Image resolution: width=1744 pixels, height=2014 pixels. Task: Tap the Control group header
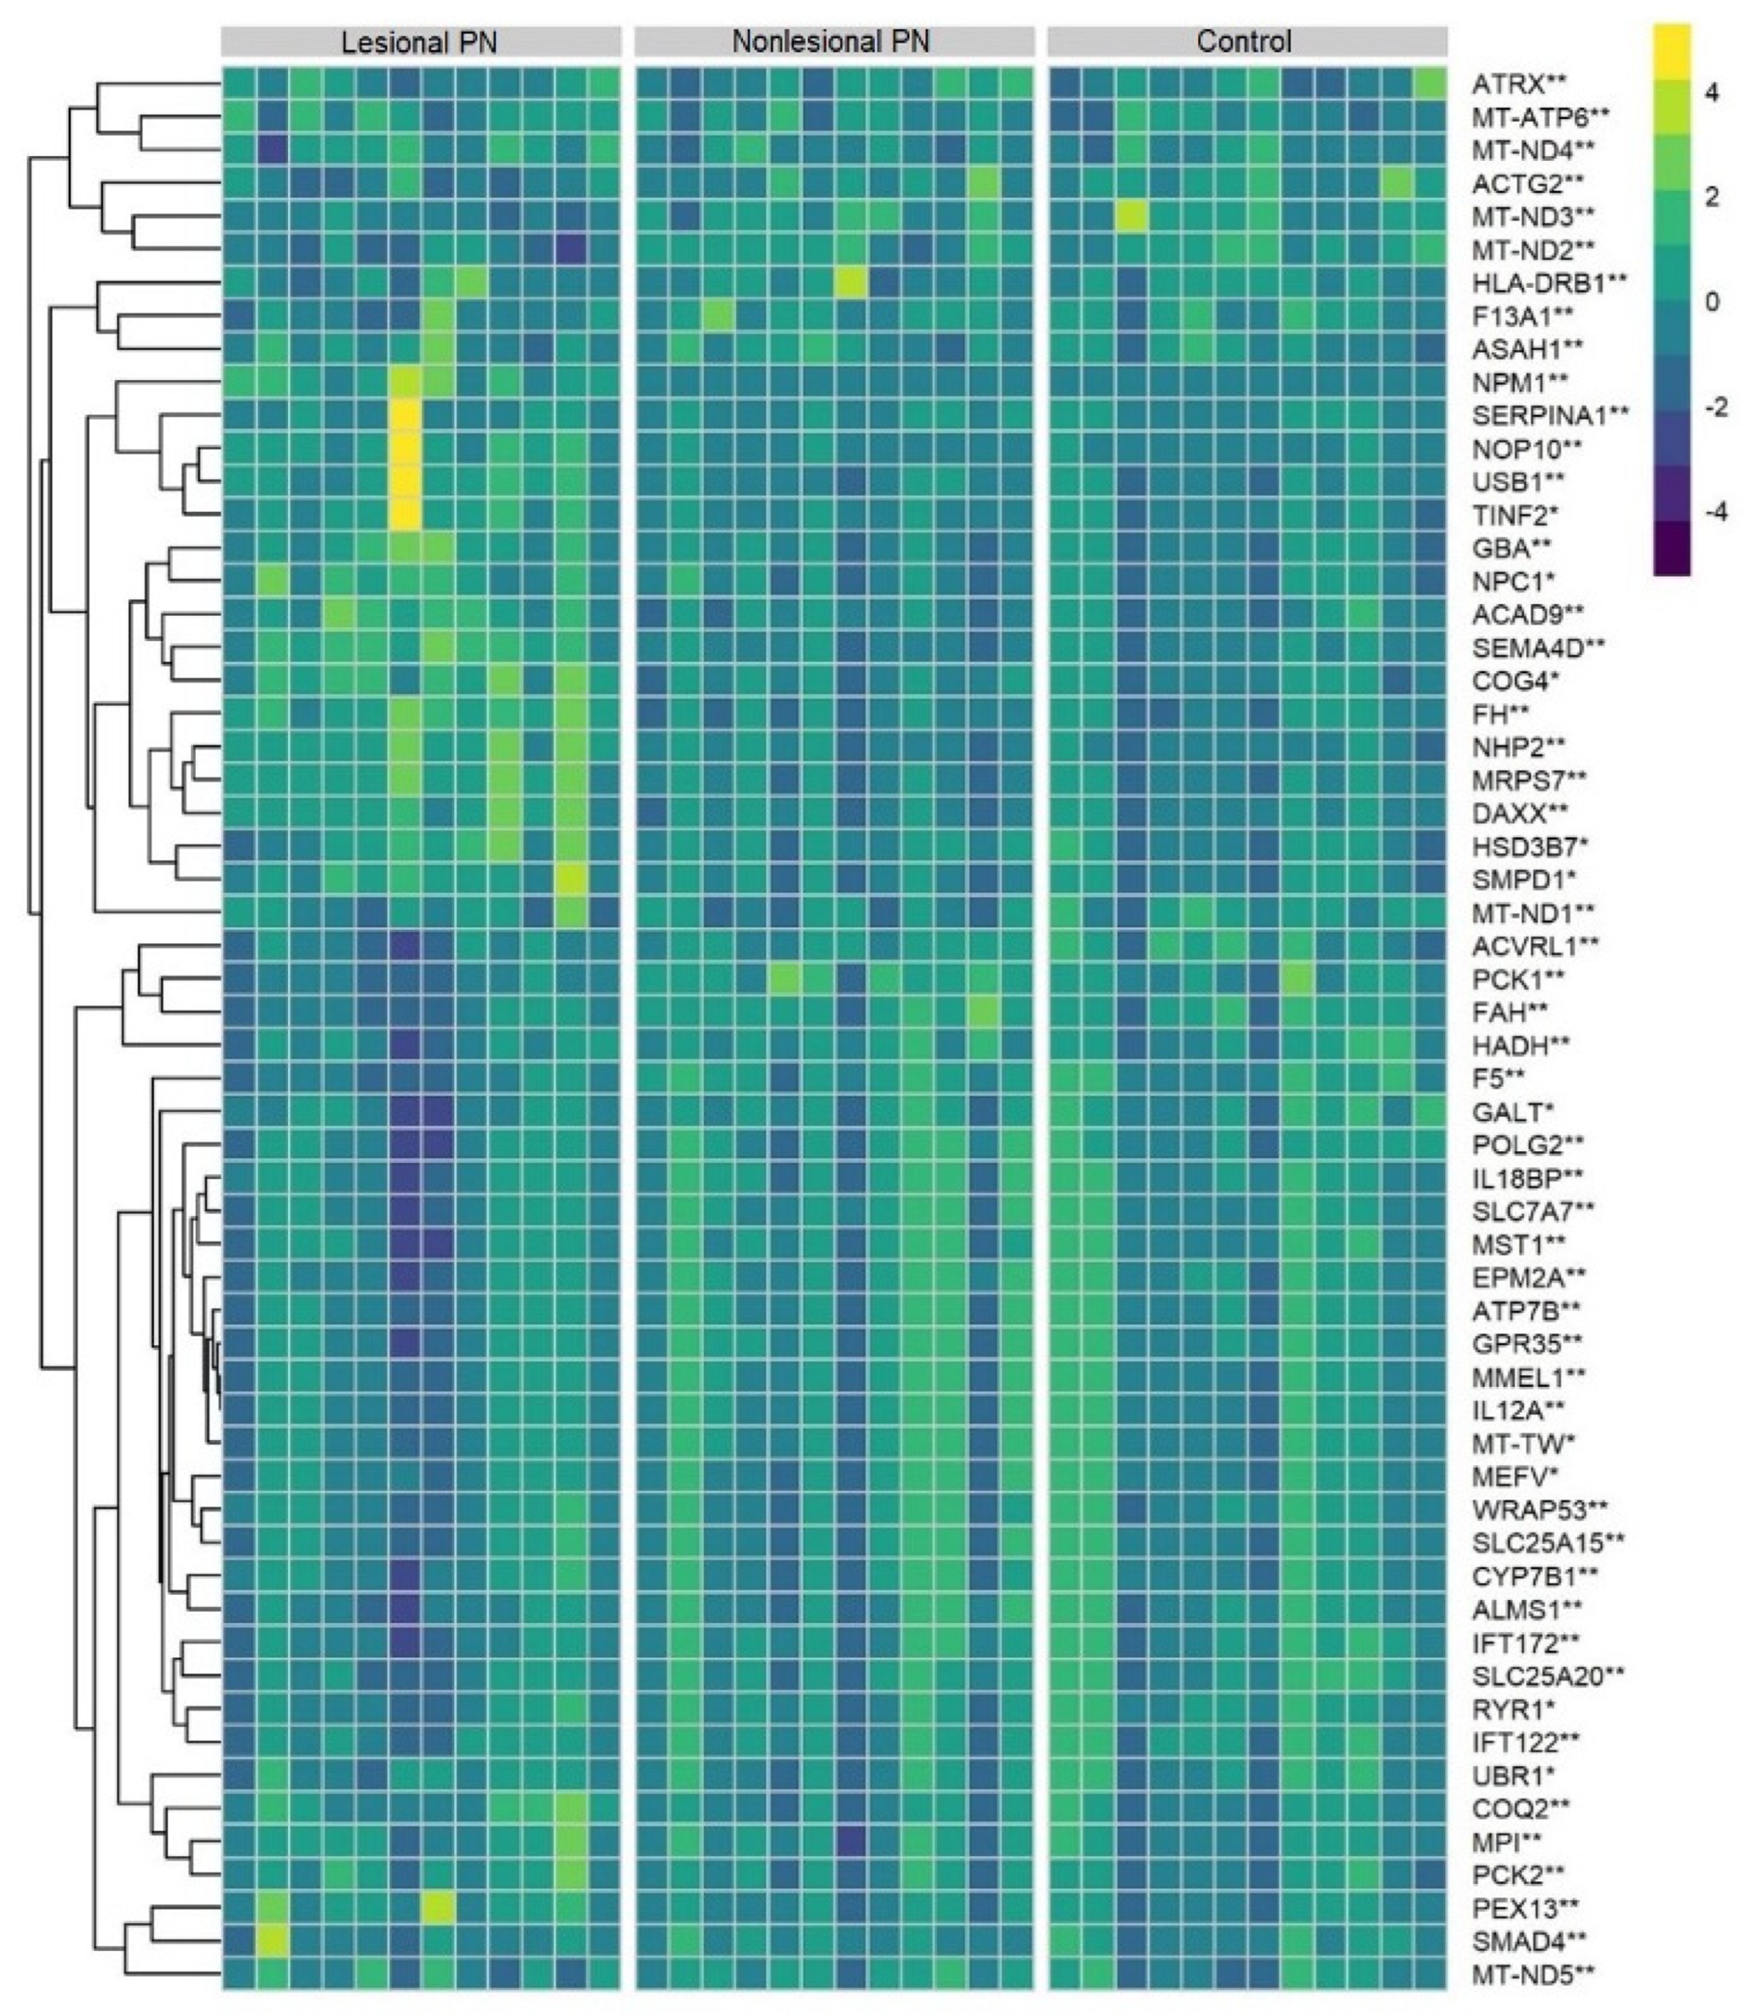coord(1246,42)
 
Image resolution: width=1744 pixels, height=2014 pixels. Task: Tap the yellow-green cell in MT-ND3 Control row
coord(1132,216)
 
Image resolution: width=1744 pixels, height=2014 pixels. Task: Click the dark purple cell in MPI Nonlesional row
coord(852,1841)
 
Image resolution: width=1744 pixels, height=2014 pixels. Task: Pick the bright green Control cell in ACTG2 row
coord(1397,183)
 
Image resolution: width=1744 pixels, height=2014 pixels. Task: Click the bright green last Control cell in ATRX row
coord(1430,84)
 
